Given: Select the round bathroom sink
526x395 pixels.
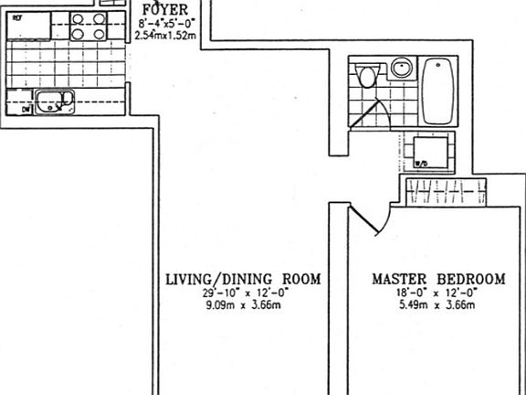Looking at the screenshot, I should [x=401, y=68].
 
